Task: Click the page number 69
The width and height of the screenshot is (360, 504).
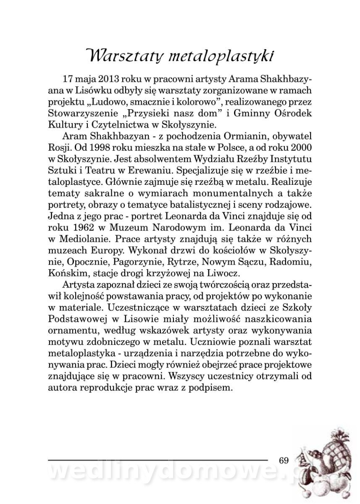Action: click(x=284, y=460)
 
